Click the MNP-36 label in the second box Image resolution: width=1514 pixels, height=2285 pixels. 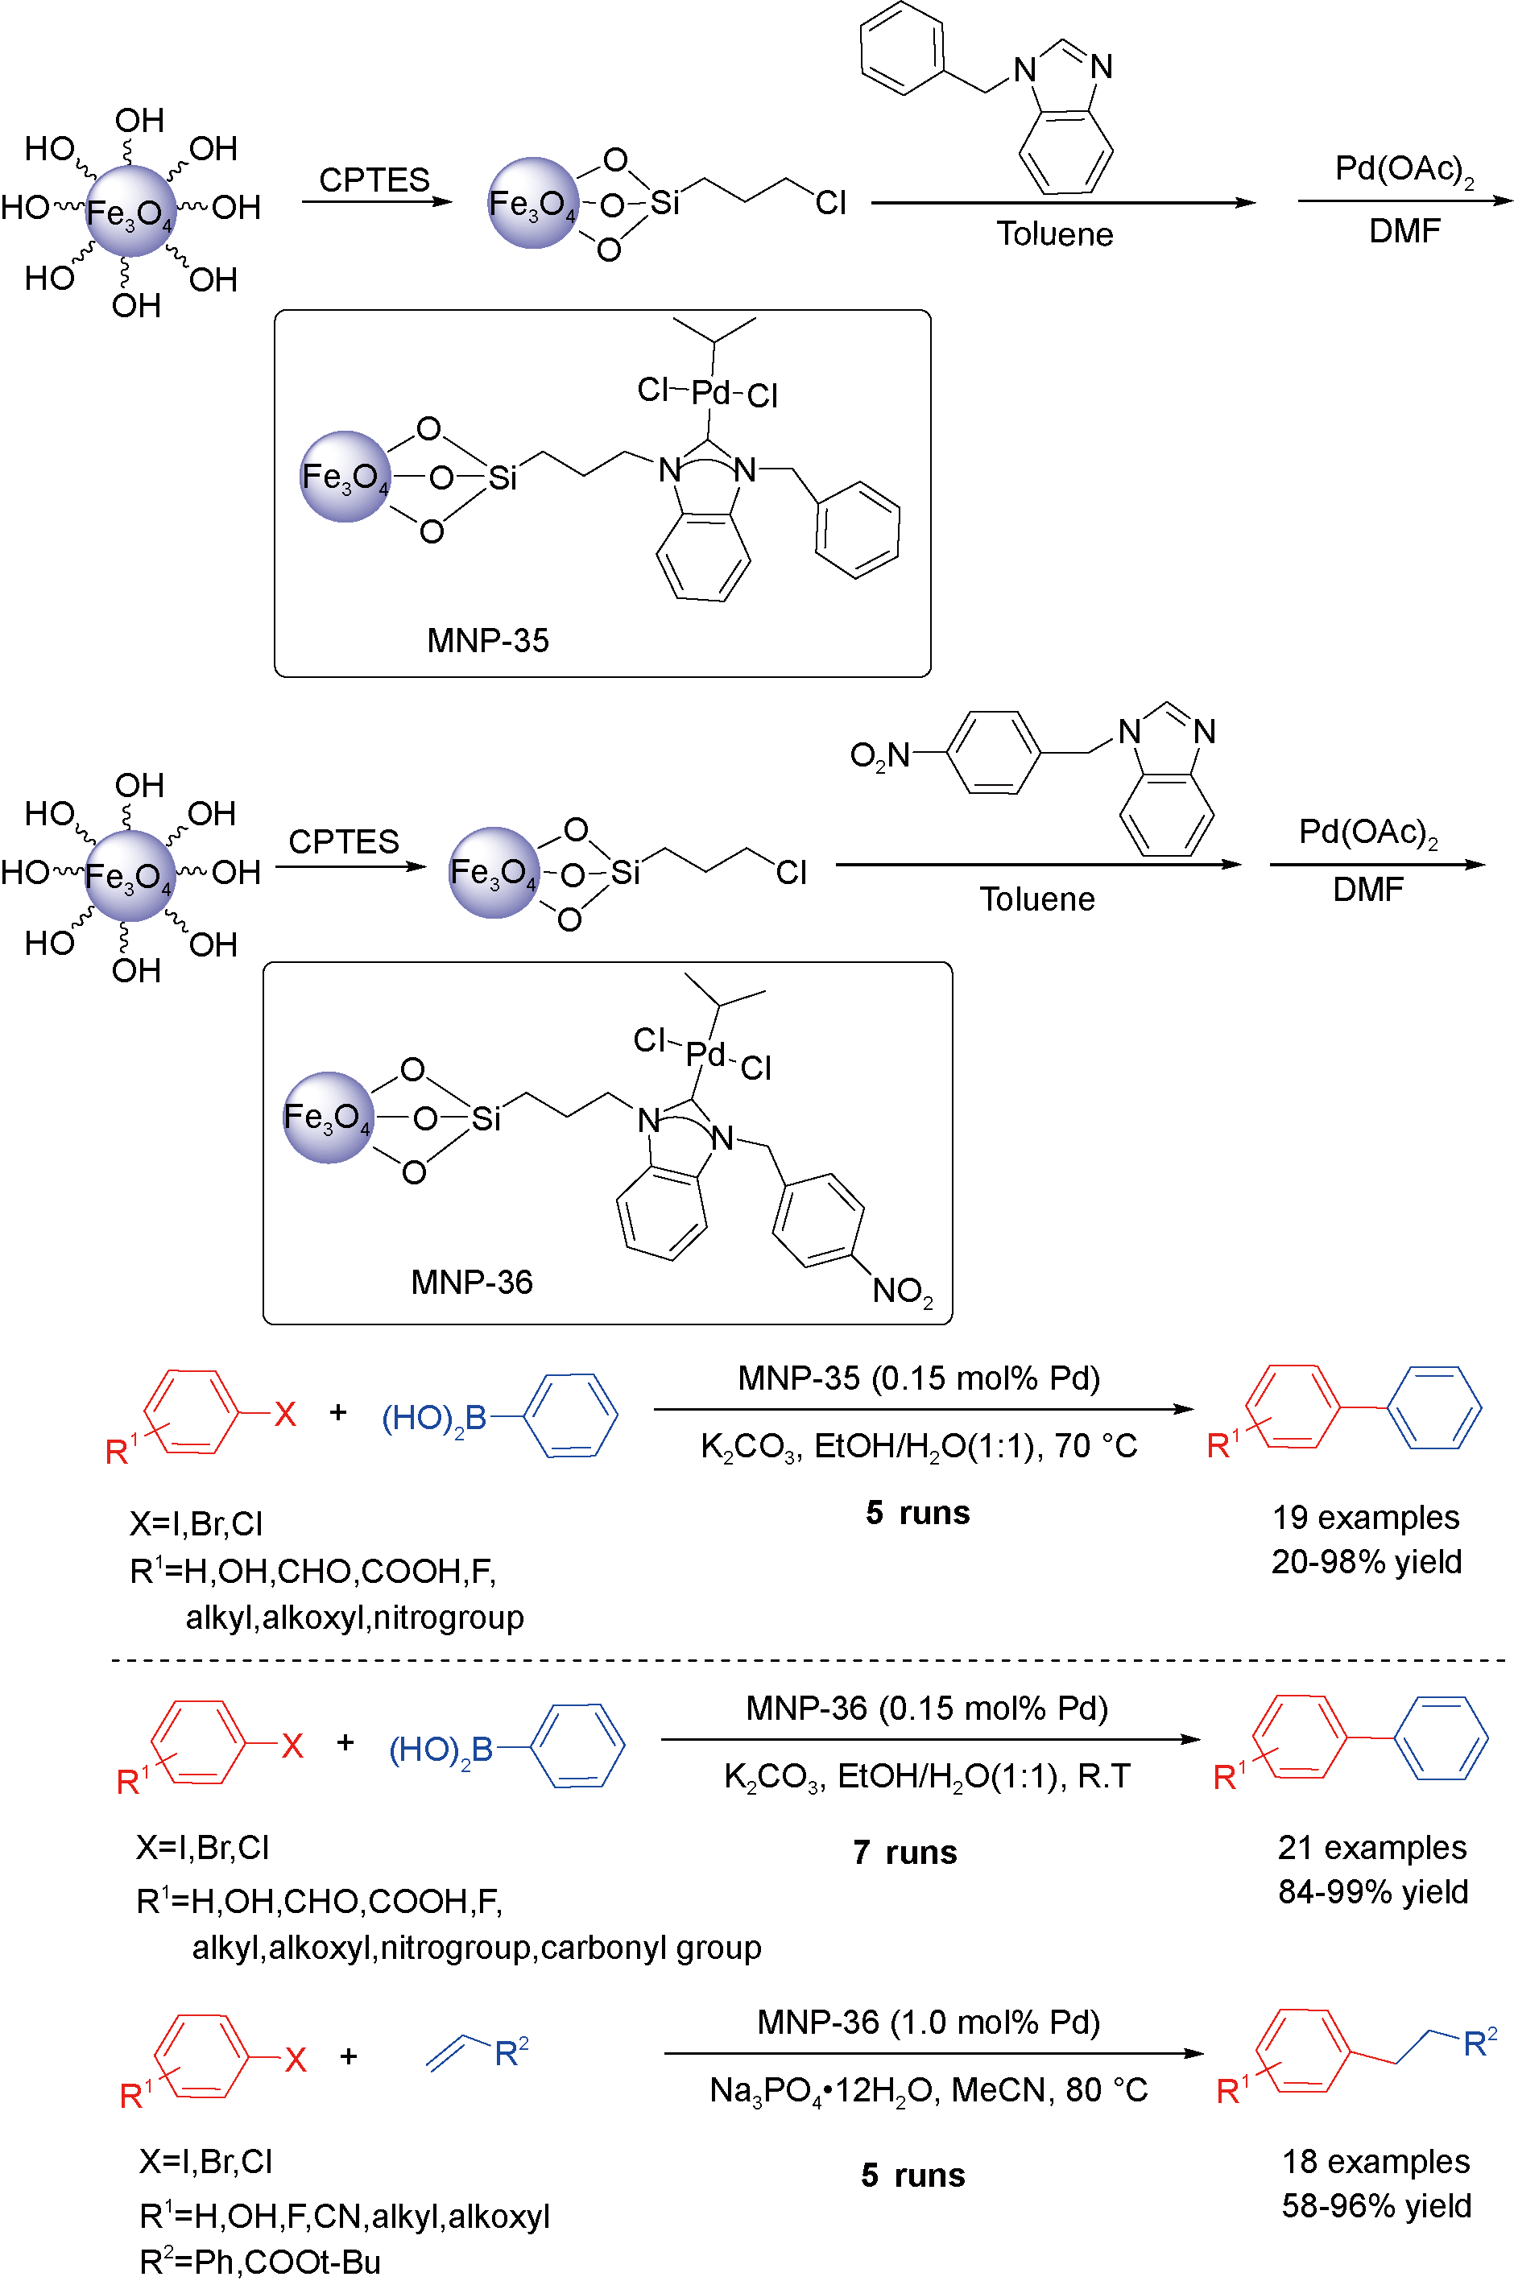coord(471,1282)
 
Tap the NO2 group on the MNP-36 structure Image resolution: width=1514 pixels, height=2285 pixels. coord(902,1291)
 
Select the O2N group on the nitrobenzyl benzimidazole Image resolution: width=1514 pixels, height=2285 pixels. coord(879,755)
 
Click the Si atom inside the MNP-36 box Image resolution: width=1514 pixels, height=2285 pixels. coord(486,1119)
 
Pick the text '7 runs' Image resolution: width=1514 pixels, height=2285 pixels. coord(904,1853)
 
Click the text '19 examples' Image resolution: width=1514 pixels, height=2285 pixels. coord(1365,1518)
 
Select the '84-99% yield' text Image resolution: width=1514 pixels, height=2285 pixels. coord(1373,1891)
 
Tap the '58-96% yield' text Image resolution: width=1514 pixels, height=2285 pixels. coord(1376,2206)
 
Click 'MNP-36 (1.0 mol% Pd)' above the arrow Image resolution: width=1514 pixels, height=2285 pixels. coord(928,2022)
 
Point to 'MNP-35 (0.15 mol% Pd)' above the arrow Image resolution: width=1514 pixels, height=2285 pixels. coord(918,1378)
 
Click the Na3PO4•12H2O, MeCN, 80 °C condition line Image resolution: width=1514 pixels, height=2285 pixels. coord(928,2090)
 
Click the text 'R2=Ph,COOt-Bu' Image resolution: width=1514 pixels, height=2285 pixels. coord(260,2262)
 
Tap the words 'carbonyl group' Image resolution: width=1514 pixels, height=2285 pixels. coord(651,1947)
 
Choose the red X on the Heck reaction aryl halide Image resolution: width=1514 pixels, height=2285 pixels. coord(296,2060)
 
